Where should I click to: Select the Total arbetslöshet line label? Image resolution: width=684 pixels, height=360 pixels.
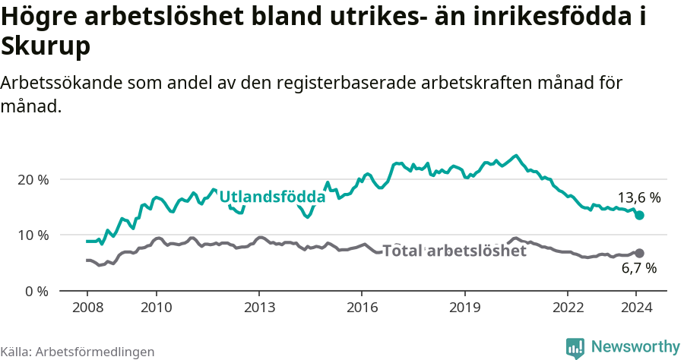pos(454,251)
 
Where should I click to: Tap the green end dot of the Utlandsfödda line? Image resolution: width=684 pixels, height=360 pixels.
pos(639,216)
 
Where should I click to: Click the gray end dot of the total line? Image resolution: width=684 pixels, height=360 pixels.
pos(639,253)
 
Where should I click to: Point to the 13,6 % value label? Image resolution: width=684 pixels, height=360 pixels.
pos(638,198)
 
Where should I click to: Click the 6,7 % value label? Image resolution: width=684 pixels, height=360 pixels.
pos(638,268)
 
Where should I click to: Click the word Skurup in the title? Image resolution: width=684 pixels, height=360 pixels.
pos(46,46)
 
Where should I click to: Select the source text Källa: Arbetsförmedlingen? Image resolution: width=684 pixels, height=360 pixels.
pos(78,352)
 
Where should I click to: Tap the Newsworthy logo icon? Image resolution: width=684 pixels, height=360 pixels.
pos(575,348)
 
